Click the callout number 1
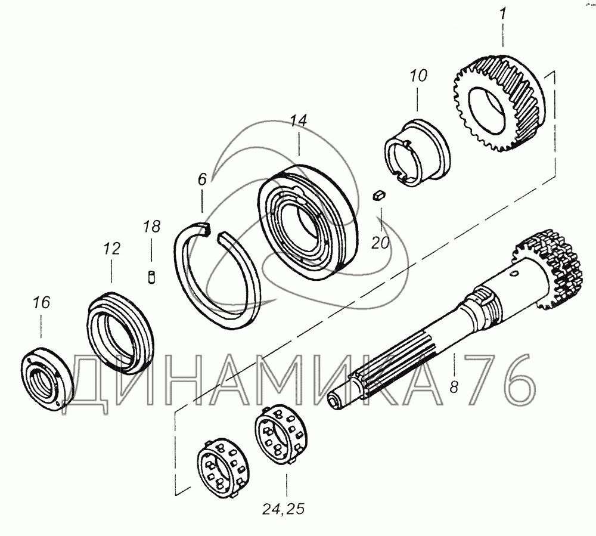click(502, 15)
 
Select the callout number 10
click(418, 75)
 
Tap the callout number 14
click(299, 121)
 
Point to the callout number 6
click(202, 179)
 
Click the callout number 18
click(151, 227)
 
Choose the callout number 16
click(41, 303)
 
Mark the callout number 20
click(380, 243)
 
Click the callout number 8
click(454, 387)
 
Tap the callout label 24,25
click(283, 509)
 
